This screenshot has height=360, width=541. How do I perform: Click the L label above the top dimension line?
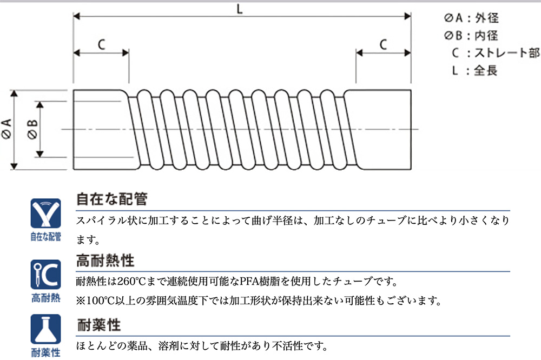tap(240, 9)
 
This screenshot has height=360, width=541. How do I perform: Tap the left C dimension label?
tap(102, 44)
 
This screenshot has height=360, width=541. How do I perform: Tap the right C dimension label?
tap(384, 44)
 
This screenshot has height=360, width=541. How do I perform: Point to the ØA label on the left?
tap(6, 129)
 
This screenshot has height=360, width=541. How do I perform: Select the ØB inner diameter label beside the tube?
tap(32, 130)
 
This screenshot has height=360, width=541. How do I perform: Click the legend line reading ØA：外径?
tap(471, 18)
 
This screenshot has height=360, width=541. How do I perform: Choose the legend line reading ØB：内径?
tap(471, 35)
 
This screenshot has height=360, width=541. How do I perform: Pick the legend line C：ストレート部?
tap(496, 53)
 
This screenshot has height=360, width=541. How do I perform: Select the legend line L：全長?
tap(475, 70)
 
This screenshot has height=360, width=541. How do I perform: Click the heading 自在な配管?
tap(112, 199)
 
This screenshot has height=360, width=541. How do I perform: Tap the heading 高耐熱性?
tap(105, 261)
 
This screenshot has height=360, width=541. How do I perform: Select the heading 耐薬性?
tap(98, 325)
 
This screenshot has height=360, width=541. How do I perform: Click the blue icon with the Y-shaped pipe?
tap(45, 213)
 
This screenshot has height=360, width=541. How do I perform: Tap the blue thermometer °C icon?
tap(45, 274)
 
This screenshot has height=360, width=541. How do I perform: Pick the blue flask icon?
tap(45, 329)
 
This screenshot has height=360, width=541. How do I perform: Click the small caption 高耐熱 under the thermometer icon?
tap(46, 298)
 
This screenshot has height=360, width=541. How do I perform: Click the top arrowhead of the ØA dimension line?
tap(14, 93)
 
